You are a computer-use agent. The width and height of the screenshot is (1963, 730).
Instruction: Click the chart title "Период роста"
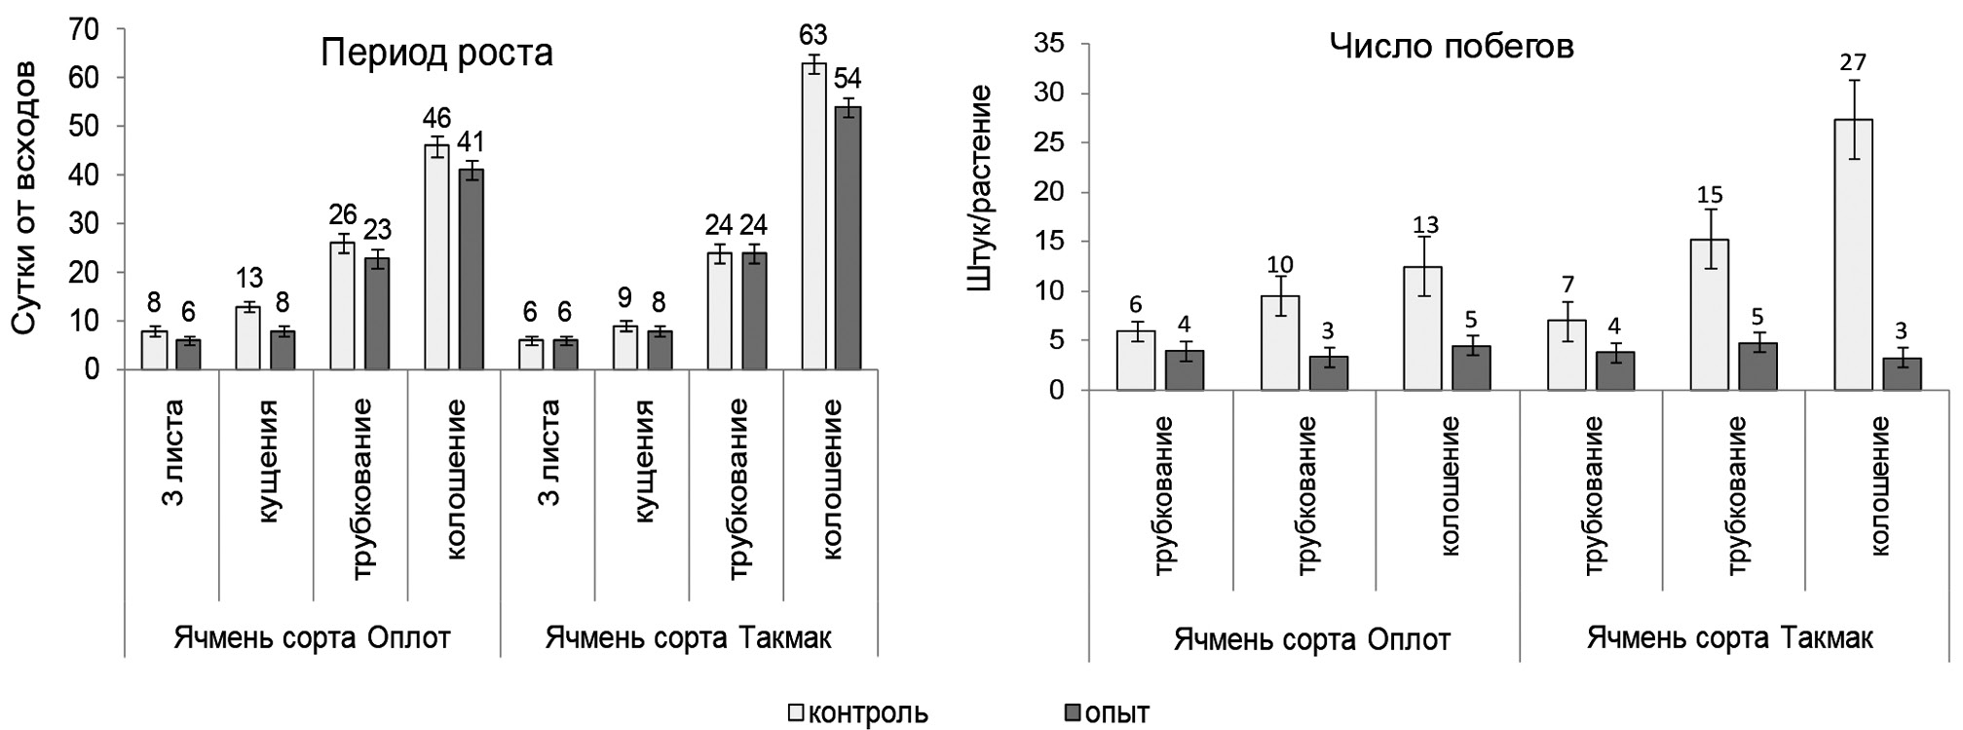(x=437, y=53)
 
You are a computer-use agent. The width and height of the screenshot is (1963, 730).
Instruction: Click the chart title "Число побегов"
(x=1452, y=47)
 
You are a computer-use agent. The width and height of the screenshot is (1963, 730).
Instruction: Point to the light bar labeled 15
(x=1710, y=314)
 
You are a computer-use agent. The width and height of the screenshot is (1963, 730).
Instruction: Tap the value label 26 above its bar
(x=342, y=213)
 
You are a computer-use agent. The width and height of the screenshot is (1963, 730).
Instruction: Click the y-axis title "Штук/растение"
(x=979, y=188)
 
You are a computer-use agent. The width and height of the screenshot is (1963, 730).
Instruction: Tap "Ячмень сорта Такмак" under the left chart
(x=689, y=638)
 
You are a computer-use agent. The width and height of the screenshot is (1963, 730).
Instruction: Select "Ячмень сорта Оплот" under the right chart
(x=1312, y=639)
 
